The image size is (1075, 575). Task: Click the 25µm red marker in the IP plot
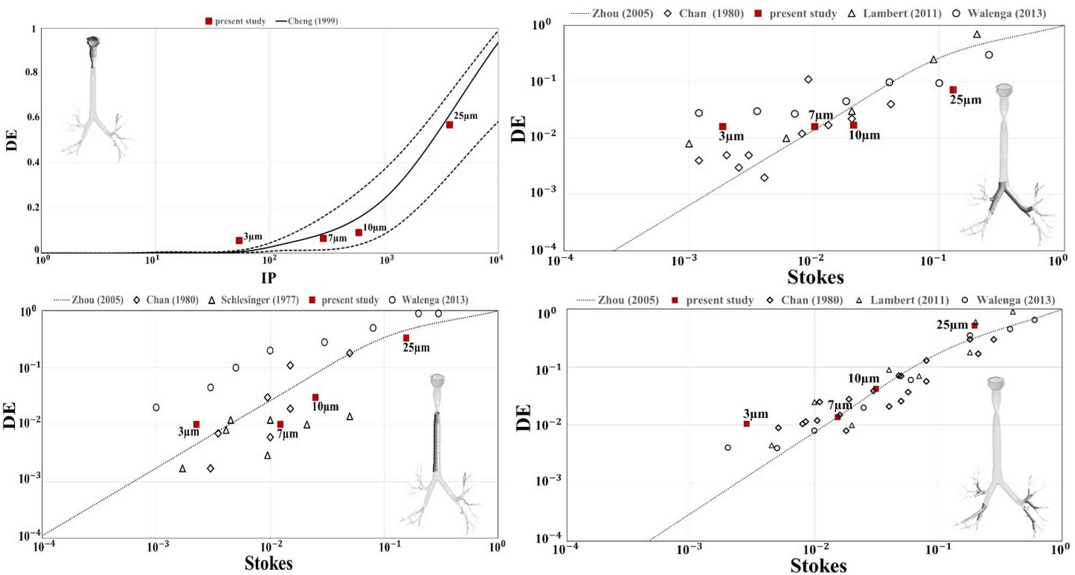449,125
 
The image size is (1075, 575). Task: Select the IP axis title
269,278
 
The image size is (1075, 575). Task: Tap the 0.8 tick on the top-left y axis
32,72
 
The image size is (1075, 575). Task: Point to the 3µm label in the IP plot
253,236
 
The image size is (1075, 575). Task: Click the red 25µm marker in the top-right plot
953,90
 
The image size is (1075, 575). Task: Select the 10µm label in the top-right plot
864,136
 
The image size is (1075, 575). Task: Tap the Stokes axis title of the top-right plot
815,277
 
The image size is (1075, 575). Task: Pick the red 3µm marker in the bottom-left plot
197,424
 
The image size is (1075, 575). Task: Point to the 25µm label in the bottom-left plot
416,348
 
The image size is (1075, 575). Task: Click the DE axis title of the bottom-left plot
10,415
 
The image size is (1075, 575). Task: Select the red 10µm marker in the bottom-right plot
876,389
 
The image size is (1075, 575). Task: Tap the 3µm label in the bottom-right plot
755,414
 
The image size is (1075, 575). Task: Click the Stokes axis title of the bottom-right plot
818,565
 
